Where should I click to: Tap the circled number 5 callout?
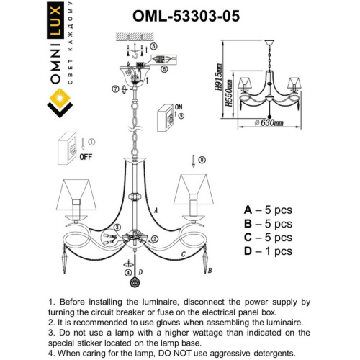click(154, 45)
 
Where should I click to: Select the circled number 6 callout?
click(164, 68)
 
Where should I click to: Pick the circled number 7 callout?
click(115, 89)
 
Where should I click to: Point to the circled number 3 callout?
click(153, 240)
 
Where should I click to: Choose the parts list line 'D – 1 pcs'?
click(268, 251)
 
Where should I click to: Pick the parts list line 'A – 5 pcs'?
click(268, 210)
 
